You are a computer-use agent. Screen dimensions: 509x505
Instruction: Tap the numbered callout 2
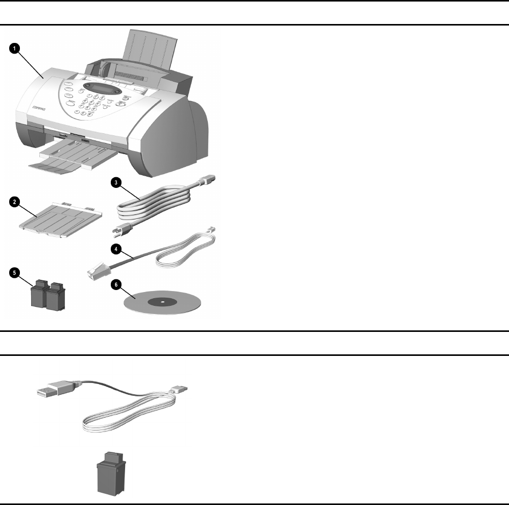pos(15,202)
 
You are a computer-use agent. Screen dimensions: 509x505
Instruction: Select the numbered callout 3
pos(117,184)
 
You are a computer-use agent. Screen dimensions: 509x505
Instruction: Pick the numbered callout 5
pos(15,273)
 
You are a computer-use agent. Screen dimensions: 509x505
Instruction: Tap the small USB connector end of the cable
pos(180,390)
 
